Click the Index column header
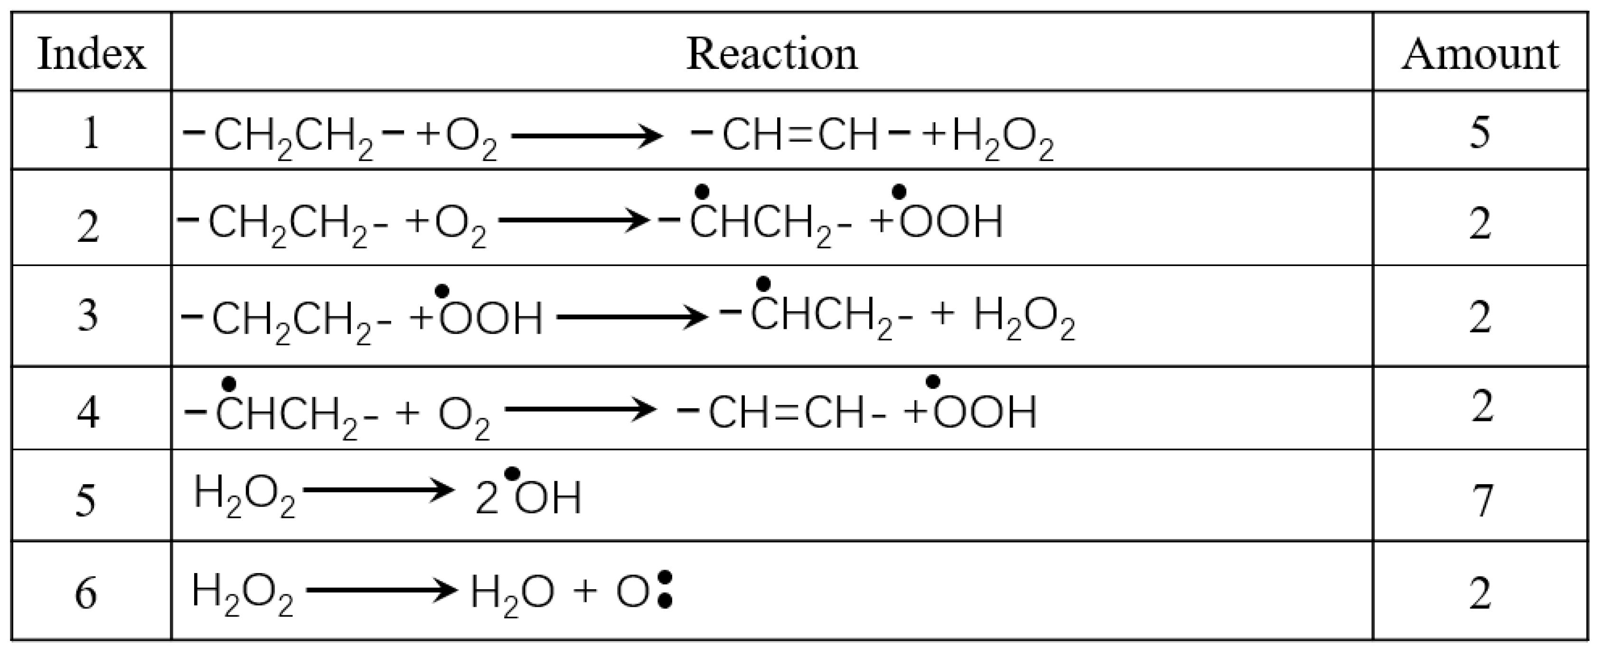pyautogui.click(x=91, y=54)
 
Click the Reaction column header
pyautogui.click(x=772, y=54)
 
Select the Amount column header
pyautogui.click(x=1480, y=54)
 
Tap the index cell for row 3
pyautogui.click(x=87, y=315)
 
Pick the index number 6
pyautogui.click(x=86, y=593)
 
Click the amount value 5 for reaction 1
pyautogui.click(x=1480, y=132)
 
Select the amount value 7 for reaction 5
pyautogui.click(x=1481, y=500)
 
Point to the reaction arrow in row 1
pyautogui.click(x=586, y=135)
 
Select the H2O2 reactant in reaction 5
pyautogui.click(x=244, y=496)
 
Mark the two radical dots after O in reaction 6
pyautogui.click(x=665, y=590)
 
